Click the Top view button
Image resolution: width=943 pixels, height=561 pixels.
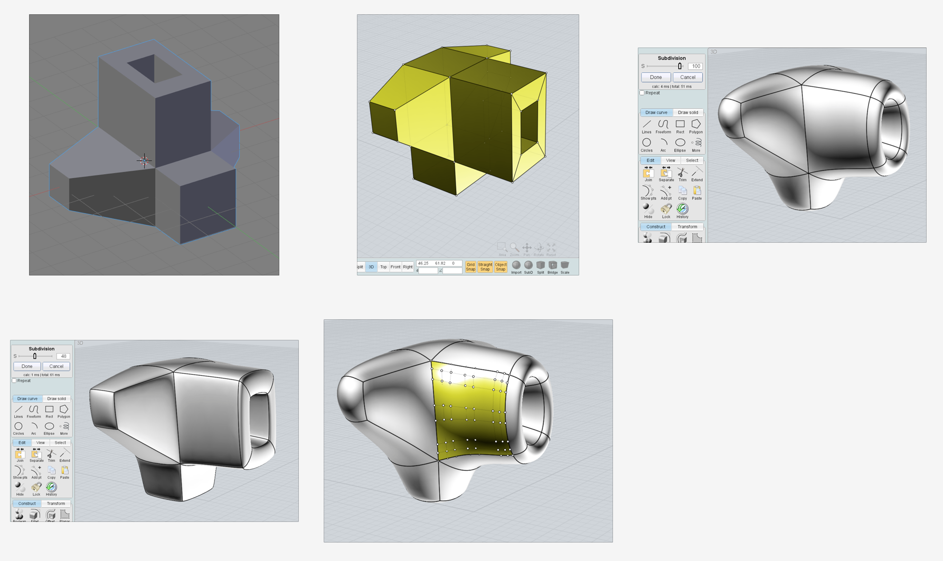pos(383,267)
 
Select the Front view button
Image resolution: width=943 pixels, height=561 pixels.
pos(395,267)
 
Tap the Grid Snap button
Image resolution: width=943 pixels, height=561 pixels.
pos(470,267)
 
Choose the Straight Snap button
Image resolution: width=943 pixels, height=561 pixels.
pos(485,267)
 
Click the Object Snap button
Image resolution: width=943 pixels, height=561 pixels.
pos(501,267)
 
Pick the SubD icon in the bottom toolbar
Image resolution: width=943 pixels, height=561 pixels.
pos(528,265)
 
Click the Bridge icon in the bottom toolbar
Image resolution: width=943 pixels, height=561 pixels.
pos(552,265)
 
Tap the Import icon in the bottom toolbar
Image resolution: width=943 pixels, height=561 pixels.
pos(516,265)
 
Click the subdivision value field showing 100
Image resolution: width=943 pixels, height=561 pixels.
pos(695,66)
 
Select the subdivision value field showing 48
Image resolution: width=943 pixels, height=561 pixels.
pos(63,356)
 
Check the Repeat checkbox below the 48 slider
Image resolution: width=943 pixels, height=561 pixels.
pos(14,381)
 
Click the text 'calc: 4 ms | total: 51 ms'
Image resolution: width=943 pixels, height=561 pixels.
pos(672,87)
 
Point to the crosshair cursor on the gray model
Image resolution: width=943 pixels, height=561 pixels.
pos(144,160)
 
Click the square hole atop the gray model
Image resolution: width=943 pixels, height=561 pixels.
pos(154,69)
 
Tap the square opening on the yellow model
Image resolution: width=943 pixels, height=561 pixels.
pos(529,129)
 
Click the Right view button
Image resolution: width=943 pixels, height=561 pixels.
pos(408,267)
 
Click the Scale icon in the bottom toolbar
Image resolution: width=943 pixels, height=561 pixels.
pos(565,265)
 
